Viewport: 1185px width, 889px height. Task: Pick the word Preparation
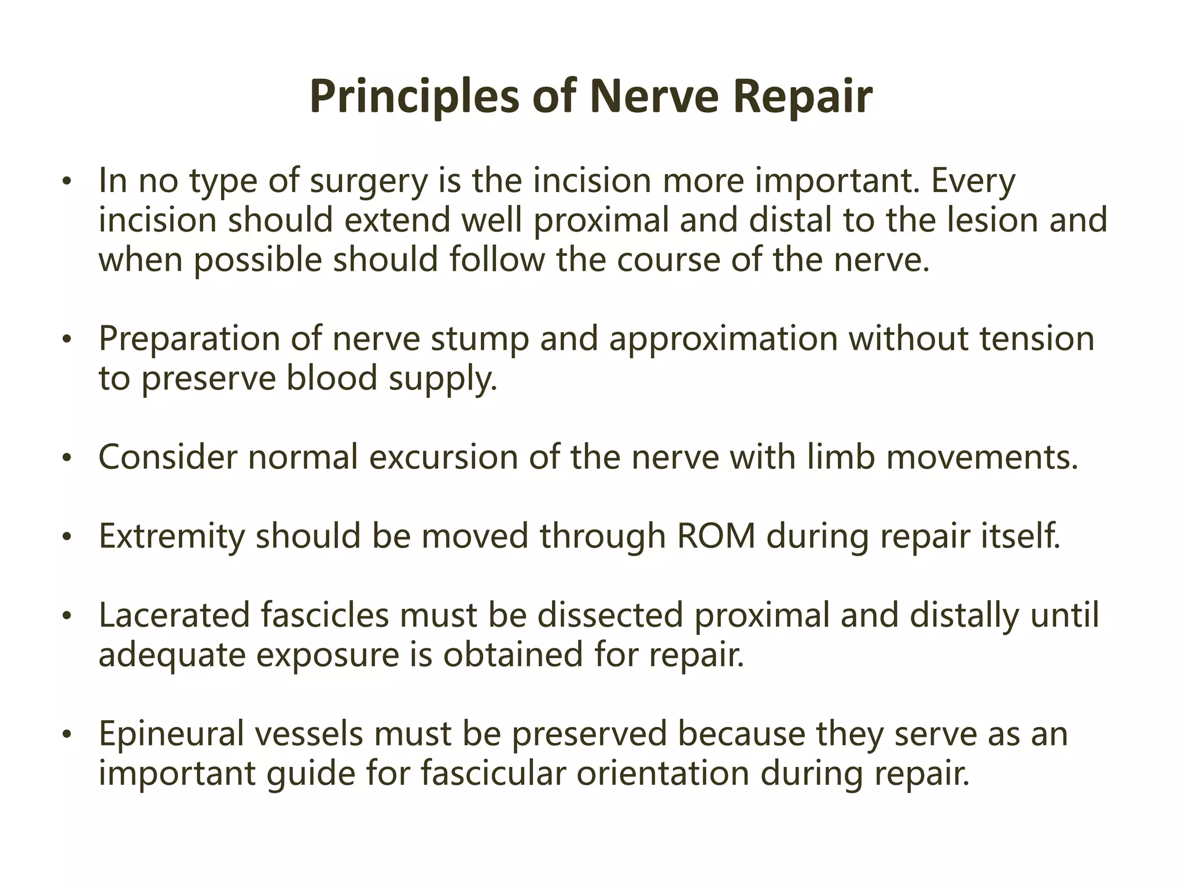click(189, 339)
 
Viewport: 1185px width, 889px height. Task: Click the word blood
click(332, 379)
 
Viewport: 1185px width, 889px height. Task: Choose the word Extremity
click(172, 537)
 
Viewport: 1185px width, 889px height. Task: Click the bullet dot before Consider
click(67, 459)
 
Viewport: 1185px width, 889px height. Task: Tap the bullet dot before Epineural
click(67, 736)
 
